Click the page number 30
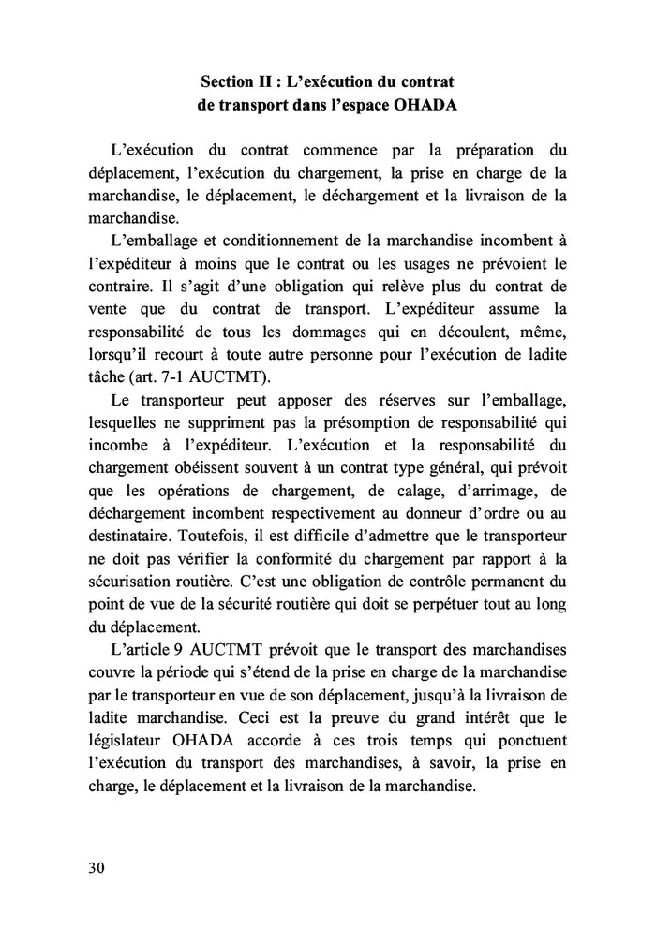(x=96, y=866)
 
